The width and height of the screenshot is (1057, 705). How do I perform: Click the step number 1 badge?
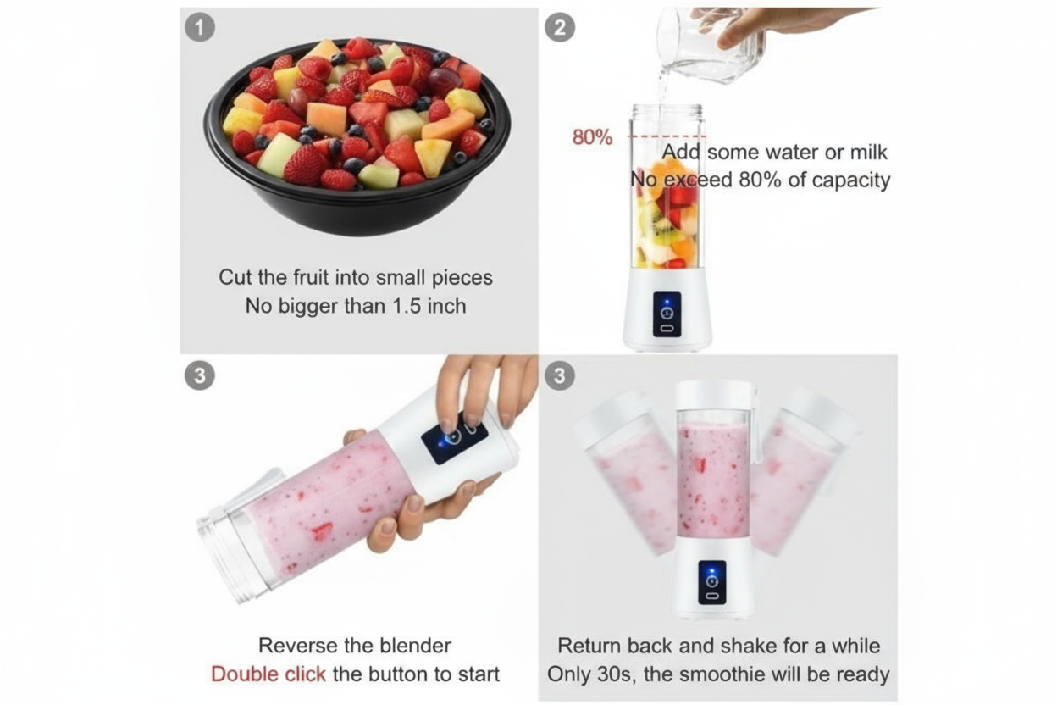click(200, 27)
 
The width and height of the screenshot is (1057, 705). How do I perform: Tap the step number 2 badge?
click(560, 27)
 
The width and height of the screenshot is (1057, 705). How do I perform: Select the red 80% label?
click(592, 137)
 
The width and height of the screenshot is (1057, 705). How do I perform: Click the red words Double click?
click(268, 674)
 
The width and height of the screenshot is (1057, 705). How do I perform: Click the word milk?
click(868, 152)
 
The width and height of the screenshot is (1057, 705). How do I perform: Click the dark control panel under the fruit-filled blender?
click(667, 314)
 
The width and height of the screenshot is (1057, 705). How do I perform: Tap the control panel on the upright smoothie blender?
click(712, 582)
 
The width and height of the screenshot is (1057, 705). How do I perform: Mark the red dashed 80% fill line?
click(667, 136)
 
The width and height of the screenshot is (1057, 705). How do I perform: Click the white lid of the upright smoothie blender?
click(713, 394)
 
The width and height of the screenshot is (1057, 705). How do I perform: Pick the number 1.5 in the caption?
click(407, 306)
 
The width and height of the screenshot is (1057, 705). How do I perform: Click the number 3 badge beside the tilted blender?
click(200, 376)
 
